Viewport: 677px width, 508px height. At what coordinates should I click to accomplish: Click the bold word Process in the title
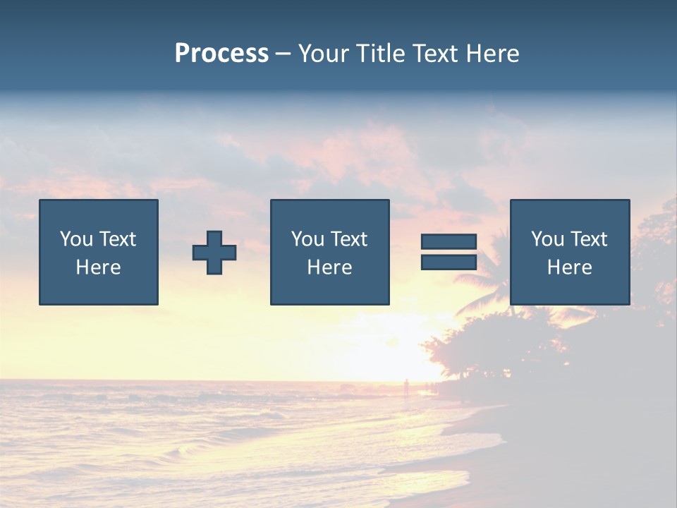(x=221, y=54)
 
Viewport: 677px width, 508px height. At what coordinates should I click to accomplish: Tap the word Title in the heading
(x=380, y=54)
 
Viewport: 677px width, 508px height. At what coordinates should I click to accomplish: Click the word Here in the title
(x=494, y=54)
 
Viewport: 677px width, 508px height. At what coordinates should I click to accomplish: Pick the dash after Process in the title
(x=283, y=55)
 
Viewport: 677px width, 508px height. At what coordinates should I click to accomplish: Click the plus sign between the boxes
(x=214, y=253)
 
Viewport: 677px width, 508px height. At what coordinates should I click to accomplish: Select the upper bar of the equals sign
(x=449, y=242)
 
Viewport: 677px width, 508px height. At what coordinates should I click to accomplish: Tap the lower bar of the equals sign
(x=449, y=262)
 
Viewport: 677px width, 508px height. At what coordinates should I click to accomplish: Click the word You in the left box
(x=76, y=239)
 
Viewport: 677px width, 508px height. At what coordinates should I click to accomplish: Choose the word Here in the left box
(x=98, y=267)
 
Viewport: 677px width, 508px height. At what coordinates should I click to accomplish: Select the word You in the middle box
(x=307, y=239)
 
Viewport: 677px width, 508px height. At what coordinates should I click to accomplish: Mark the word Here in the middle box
(x=329, y=267)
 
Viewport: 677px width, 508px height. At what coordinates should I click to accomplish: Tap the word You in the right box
(x=547, y=239)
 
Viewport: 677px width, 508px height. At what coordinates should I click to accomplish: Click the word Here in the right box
(x=569, y=267)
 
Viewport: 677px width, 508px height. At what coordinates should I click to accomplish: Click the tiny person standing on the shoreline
(x=406, y=386)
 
